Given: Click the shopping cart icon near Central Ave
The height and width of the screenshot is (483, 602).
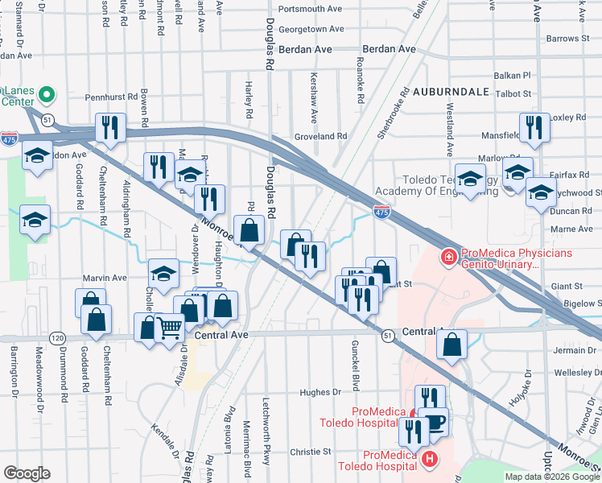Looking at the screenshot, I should [169, 328].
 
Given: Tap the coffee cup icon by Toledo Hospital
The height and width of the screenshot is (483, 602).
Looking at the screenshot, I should [435, 422].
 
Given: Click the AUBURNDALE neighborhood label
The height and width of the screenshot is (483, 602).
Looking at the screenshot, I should [451, 92].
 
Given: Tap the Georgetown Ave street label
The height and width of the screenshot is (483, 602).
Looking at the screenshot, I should [311, 29].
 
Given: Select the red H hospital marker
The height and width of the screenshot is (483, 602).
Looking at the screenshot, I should [430, 460].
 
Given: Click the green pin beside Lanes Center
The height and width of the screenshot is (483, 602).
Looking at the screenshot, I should [47, 95].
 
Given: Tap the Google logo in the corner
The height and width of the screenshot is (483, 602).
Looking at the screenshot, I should [27, 473].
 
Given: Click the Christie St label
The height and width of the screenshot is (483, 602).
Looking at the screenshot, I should [305, 452].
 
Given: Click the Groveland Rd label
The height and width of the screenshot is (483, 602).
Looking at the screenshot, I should [320, 137].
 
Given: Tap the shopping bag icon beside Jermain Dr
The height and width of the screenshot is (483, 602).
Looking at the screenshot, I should [452, 343].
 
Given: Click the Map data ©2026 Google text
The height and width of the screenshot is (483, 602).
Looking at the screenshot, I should [552, 476].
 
